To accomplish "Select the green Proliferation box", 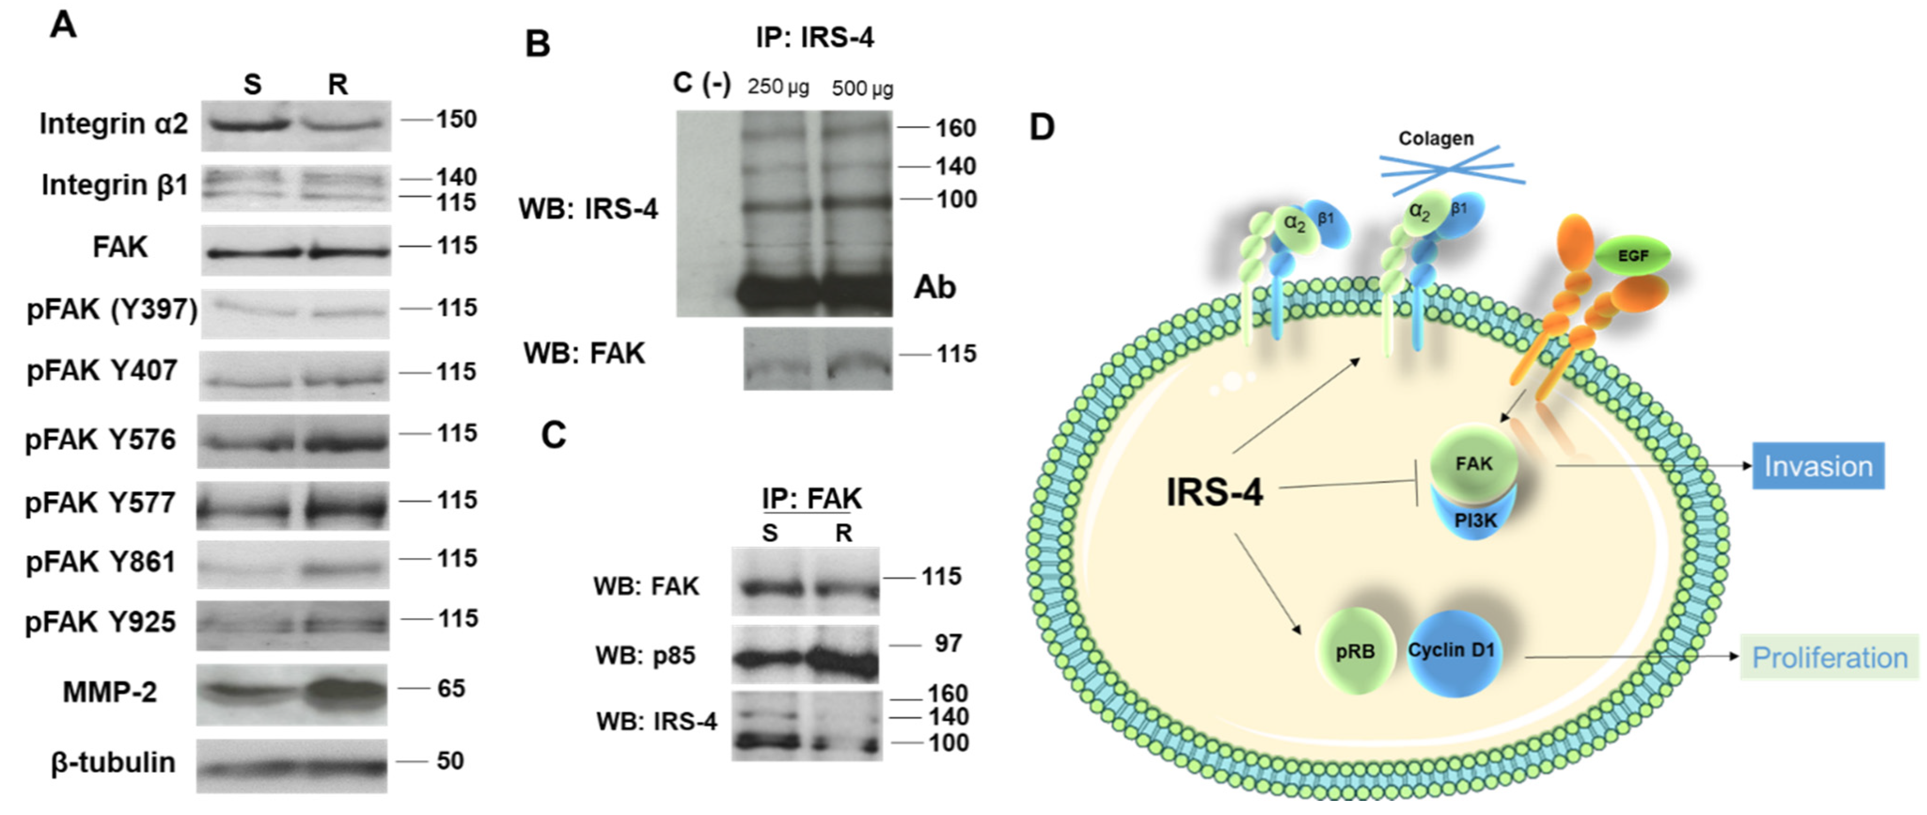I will pyautogui.click(x=1829, y=657).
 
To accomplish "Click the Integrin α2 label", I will pyautogui.click(x=114, y=124).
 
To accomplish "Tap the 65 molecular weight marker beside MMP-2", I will pyautogui.click(x=451, y=688).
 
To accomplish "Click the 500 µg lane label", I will pyautogui.click(x=862, y=88).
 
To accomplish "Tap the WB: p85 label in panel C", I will pyautogui.click(x=645, y=655).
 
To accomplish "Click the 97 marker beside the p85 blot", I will pyautogui.click(x=948, y=643).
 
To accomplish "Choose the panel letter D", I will pyautogui.click(x=1042, y=127).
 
